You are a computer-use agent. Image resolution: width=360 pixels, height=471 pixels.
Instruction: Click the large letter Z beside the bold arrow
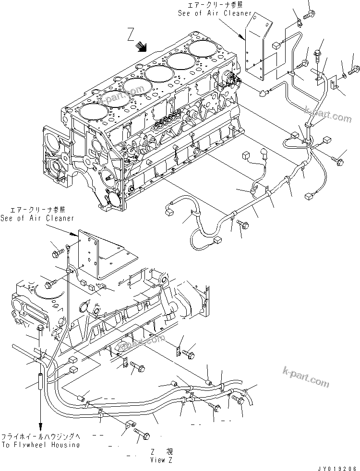coord(131,35)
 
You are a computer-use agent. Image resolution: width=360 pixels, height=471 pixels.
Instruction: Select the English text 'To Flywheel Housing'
coord(40,445)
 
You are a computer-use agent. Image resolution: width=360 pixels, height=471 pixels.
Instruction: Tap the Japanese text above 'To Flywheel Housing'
coord(40,437)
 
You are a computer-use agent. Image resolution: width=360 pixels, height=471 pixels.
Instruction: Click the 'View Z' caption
coord(158,459)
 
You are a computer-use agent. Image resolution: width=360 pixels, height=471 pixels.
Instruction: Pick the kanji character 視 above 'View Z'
coord(169,451)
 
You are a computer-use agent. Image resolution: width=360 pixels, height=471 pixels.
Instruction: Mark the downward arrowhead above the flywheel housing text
coord(41,426)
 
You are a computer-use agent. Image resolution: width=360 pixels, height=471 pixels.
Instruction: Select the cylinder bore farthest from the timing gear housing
coord(202,47)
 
